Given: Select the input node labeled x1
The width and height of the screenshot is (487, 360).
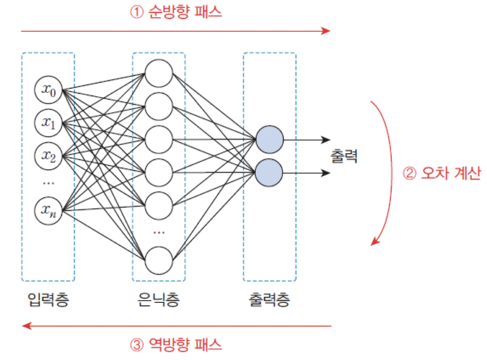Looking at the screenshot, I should [48, 123].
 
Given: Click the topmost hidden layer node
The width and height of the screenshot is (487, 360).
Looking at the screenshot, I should [159, 73].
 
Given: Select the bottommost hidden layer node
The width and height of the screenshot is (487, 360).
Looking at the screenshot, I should [159, 260].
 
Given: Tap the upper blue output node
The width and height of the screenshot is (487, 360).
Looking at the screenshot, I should [269, 140].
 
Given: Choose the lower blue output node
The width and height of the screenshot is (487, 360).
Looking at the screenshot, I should [269, 173].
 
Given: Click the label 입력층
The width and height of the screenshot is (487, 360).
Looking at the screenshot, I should [48, 300].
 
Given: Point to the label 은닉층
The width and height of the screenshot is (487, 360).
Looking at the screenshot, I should [159, 300].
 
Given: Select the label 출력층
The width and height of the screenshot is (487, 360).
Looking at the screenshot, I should [269, 300].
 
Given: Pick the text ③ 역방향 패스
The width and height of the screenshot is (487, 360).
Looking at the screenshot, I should [176, 344].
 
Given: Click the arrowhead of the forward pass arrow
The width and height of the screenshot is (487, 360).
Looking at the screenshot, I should [326, 31].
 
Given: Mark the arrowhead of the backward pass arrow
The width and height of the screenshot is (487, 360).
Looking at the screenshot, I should [27, 325].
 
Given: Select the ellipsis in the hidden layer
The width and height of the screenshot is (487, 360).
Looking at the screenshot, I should [159, 233].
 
